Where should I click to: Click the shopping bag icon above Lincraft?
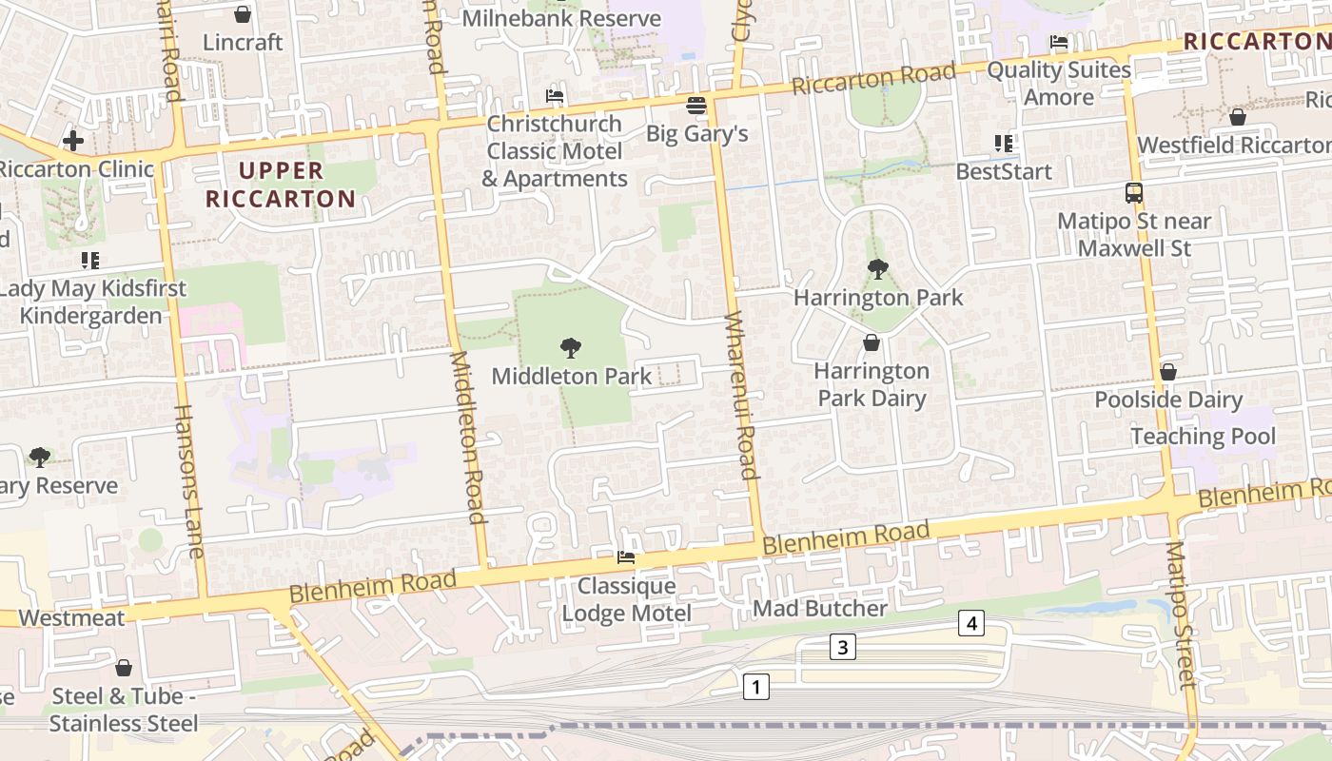[243, 14]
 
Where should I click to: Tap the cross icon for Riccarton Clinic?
[73, 142]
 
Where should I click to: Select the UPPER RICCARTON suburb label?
[281, 185]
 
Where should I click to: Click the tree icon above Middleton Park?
[571, 347]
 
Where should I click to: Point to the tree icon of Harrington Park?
[878, 269]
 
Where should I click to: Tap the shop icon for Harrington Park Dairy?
[872, 342]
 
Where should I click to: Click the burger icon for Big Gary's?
[696, 105]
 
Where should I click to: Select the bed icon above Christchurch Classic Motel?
[555, 96]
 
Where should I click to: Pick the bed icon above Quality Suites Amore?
[1059, 42]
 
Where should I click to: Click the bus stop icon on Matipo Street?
[1134, 193]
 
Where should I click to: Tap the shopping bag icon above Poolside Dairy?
[1168, 372]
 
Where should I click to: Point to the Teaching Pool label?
[1203, 436]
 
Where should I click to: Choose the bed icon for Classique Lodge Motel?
[626, 557]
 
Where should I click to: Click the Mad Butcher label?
[819, 608]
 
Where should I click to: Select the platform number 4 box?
[970, 624]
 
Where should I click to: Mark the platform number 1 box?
[755, 686]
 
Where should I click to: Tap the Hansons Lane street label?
[189, 480]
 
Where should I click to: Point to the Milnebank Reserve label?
[561, 18]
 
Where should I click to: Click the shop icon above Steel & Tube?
[124, 668]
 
